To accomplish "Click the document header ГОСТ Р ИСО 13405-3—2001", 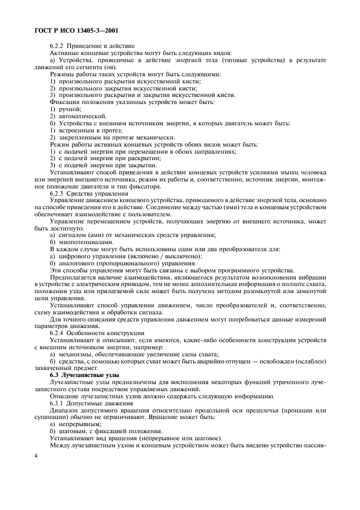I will (76, 32).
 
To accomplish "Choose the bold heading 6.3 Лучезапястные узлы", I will (87, 375).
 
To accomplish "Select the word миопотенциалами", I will (85, 241).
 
